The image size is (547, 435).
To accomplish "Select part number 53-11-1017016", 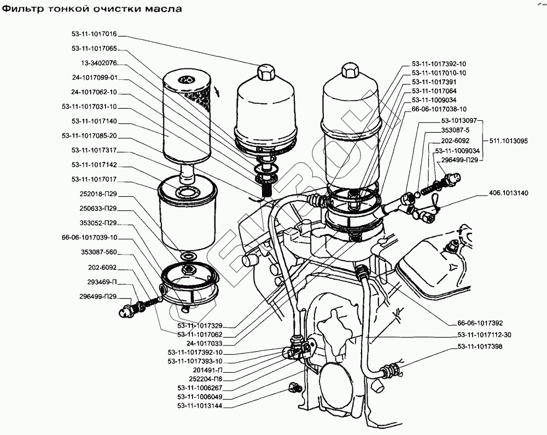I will point(95,34).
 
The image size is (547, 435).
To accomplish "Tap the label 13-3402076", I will point(98,62).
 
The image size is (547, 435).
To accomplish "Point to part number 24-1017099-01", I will point(95,77).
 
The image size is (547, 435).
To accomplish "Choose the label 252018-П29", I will point(97,194).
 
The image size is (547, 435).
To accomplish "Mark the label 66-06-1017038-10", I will point(436,109).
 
